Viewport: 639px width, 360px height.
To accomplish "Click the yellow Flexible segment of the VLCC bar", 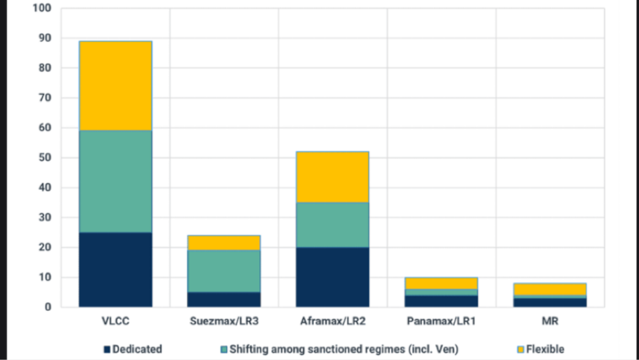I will pyautogui.click(x=115, y=86).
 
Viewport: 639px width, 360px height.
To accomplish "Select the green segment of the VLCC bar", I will pyautogui.click(x=115, y=181).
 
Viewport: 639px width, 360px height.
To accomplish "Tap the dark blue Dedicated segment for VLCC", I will pyautogui.click(x=115, y=269).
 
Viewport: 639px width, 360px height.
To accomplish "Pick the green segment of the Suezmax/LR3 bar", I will pyautogui.click(x=224, y=271).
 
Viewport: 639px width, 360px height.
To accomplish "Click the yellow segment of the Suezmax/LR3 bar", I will pyautogui.click(x=224, y=243).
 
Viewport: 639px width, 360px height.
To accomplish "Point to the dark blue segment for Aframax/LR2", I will pyautogui.click(x=332, y=277).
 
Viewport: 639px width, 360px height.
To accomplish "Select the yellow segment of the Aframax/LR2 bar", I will pyautogui.click(x=332, y=177).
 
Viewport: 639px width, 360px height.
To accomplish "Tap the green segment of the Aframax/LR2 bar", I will pyautogui.click(x=332, y=225).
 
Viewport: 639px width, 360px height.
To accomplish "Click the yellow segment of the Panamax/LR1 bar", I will pyautogui.click(x=441, y=283).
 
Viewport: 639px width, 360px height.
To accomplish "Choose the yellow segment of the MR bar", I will pyautogui.click(x=550, y=289).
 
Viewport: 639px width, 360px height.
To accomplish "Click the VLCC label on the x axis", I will pyautogui.click(x=115, y=322).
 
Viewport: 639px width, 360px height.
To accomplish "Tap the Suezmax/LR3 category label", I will pyautogui.click(x=224, y=322).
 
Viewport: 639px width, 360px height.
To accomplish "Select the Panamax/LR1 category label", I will pyautogui.click(x=441, y=322).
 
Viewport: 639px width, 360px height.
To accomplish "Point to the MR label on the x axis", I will pyautogui.click(x=550, y=322).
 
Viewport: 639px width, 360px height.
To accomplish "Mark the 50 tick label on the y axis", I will pyautogui.click(x=45, y=158).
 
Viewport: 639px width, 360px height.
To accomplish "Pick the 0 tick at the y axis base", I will pyautogui.click(x=48, y=307).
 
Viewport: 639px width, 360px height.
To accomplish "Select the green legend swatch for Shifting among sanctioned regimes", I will pyautogui.click(x=224, y=349).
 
